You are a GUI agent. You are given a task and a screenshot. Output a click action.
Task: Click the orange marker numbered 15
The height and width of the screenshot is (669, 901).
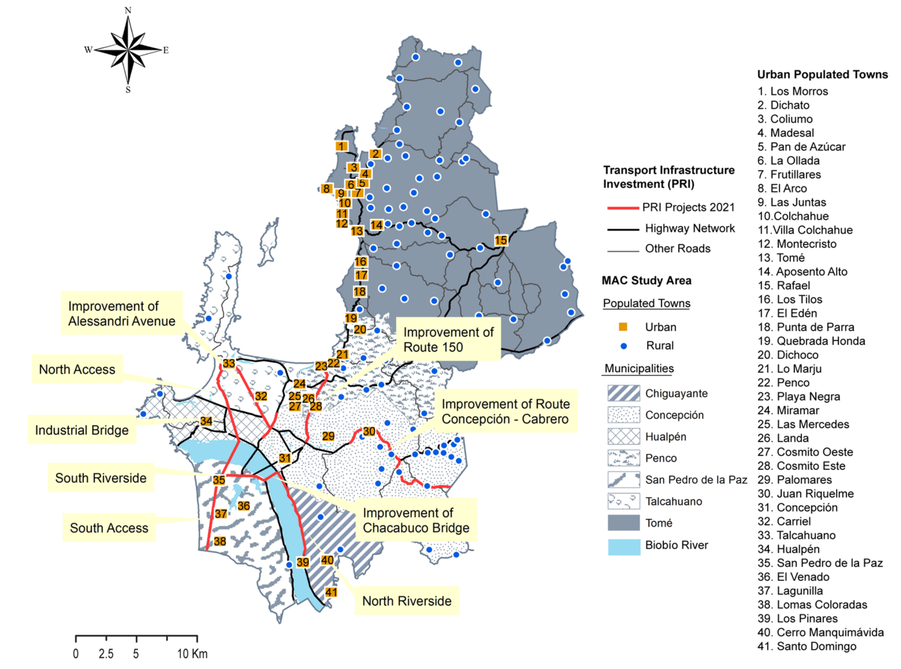pos(501,240)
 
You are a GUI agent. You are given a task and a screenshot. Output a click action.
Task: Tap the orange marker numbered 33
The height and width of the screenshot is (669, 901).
pos(229,363)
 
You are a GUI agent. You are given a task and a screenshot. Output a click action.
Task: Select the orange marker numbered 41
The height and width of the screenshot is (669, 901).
pos(331,592)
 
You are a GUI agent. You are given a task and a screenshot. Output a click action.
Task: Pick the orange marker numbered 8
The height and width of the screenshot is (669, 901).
pos(326,189)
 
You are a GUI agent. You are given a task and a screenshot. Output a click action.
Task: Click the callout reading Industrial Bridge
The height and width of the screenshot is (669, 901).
pos(82,430)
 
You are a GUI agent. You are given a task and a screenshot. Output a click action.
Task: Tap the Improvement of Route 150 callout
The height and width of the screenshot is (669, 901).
pos(448,339)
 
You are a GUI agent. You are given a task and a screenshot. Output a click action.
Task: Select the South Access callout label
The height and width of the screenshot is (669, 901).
pos(109,528)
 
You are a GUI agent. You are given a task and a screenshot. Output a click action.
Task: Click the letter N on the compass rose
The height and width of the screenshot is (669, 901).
pos(128,10)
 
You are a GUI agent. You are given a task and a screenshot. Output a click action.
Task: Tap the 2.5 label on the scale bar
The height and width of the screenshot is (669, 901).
pos(106,654)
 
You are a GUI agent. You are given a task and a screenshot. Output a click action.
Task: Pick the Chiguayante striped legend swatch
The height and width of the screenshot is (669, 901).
pos(624,393)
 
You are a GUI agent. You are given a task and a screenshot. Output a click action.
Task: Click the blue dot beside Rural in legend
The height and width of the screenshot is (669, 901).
pos(624,346)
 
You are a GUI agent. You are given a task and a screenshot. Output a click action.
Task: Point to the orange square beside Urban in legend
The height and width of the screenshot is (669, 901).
pos(623,327)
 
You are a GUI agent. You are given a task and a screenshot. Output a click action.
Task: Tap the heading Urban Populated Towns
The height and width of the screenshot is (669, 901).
pos(822,75)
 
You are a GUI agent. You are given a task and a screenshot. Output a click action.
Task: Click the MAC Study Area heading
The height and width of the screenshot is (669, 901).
pos(647,280)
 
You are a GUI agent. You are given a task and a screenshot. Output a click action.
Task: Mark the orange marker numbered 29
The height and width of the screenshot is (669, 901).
pos(328,436)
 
